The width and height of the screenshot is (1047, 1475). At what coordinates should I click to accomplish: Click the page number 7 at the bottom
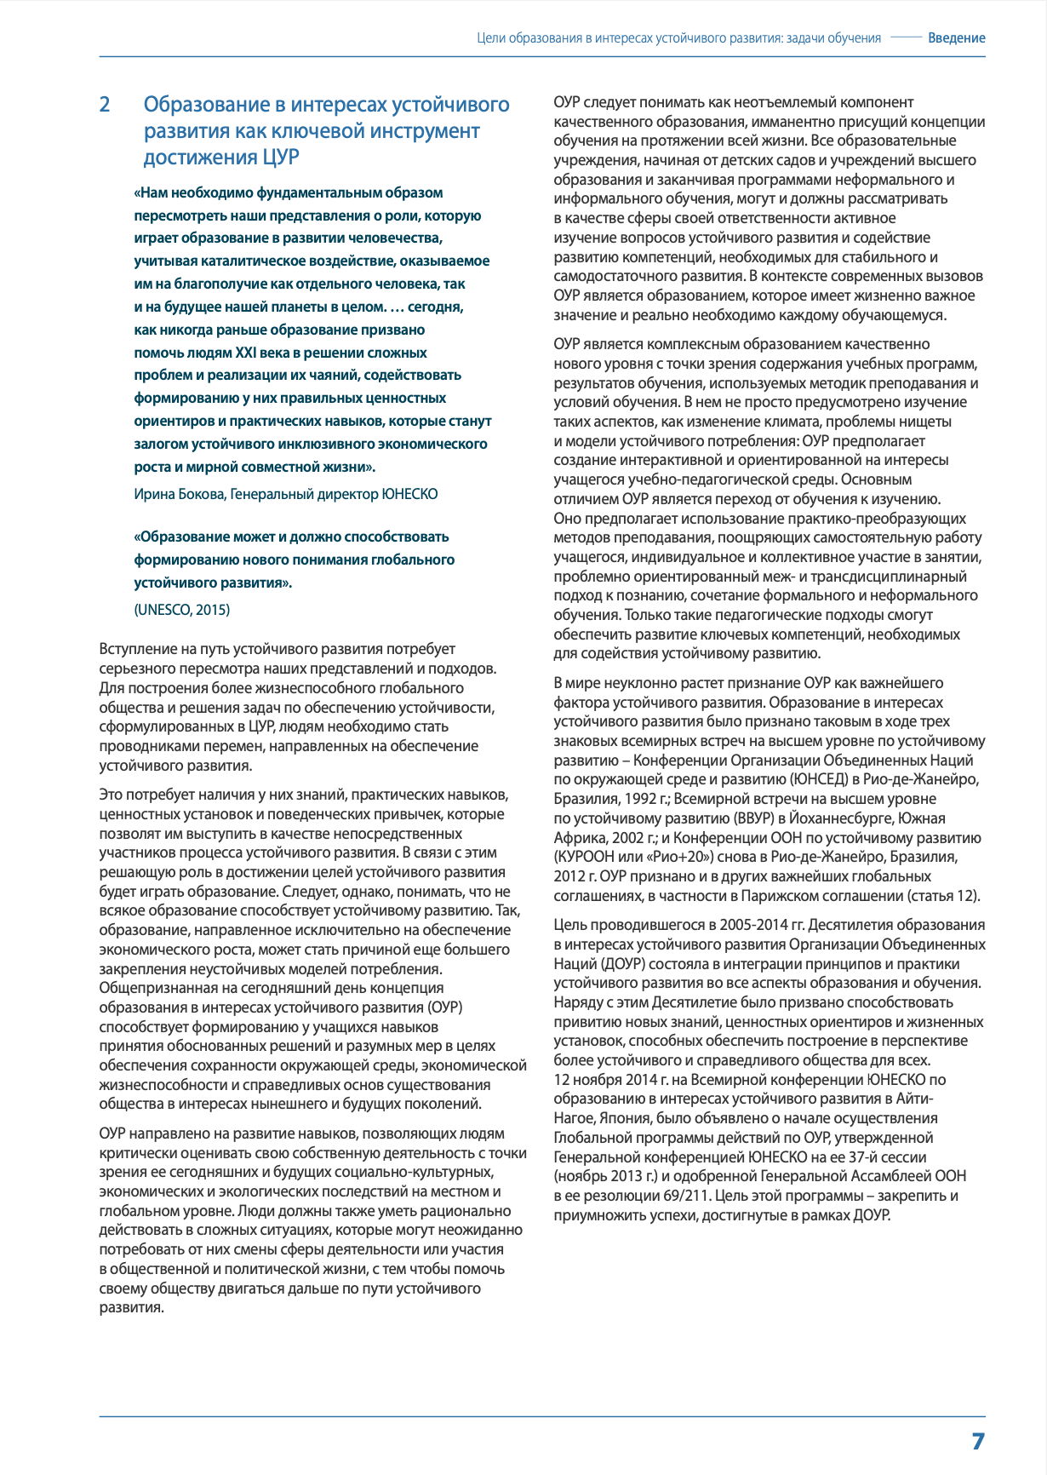click(977, 1441)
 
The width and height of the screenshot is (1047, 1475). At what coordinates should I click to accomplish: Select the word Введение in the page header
click(956, 38)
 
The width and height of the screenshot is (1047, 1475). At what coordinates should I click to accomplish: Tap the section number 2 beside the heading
click(105, 105)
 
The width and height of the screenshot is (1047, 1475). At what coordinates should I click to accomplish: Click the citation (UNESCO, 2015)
click(181, 610)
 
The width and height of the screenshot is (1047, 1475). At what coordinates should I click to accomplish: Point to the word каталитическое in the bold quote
click(243, 261)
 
